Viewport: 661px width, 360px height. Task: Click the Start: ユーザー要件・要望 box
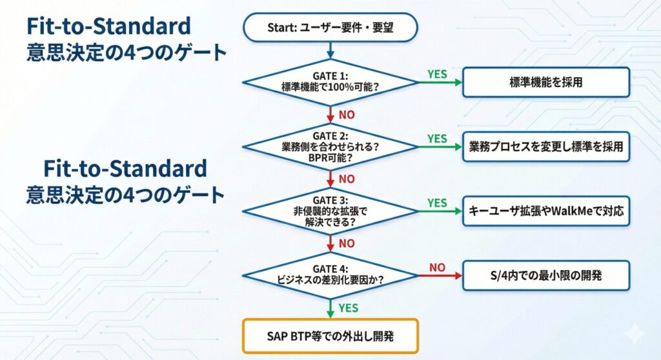point(330,27)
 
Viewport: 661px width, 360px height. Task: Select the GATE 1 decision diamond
point(330,81)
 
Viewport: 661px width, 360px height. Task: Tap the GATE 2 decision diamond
point(330,146)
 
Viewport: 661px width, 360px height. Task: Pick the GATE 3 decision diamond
point(330,211)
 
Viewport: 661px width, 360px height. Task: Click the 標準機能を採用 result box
point(546,82)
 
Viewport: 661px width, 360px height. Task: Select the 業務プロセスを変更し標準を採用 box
point(546,146)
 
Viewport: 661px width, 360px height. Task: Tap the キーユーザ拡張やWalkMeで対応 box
point(546,211)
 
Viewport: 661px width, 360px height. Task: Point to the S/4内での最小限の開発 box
point(546,275)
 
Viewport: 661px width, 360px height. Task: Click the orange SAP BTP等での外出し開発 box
point(330,335)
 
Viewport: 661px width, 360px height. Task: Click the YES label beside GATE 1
point(437,74)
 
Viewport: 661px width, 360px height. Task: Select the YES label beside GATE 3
point(437,203)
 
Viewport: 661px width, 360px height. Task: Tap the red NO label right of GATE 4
point(437,267)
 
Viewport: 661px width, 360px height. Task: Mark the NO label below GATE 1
point(347,115)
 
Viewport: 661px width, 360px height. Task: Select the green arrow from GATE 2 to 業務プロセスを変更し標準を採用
point(440,147)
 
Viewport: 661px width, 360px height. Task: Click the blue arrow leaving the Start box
point(330,49)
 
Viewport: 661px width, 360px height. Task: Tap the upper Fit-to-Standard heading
point(108,26)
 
